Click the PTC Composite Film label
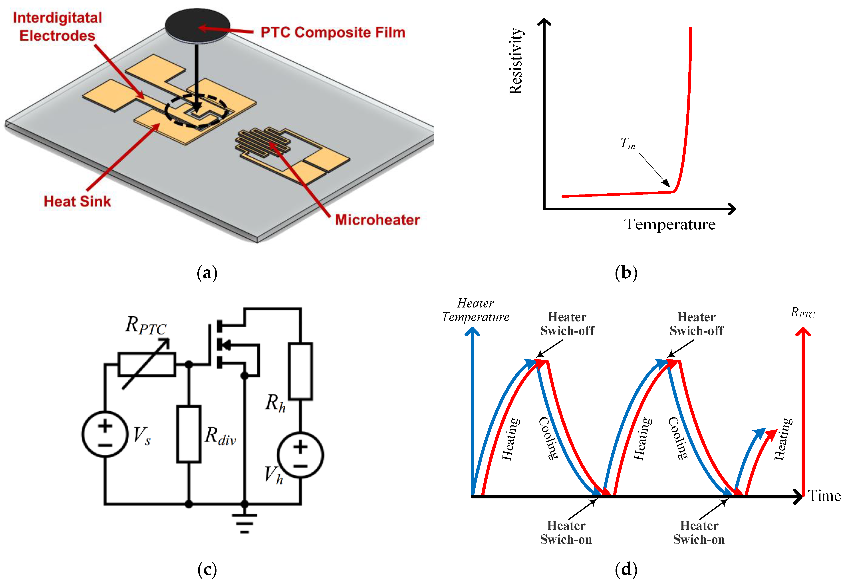point(333,32)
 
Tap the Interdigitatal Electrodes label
point(58,27)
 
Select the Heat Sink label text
point(77,201)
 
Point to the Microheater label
point(377,220)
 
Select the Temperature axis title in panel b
point(670,224)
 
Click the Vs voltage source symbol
point(105,434)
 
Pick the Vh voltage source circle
point(300,455)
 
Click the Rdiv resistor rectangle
point(189,434)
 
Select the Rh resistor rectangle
point(300,371)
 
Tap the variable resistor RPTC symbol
point(147,364)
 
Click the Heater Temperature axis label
point(475,310)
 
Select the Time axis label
point(824,496)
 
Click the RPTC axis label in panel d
point(802,313)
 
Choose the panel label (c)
point(207,570)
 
